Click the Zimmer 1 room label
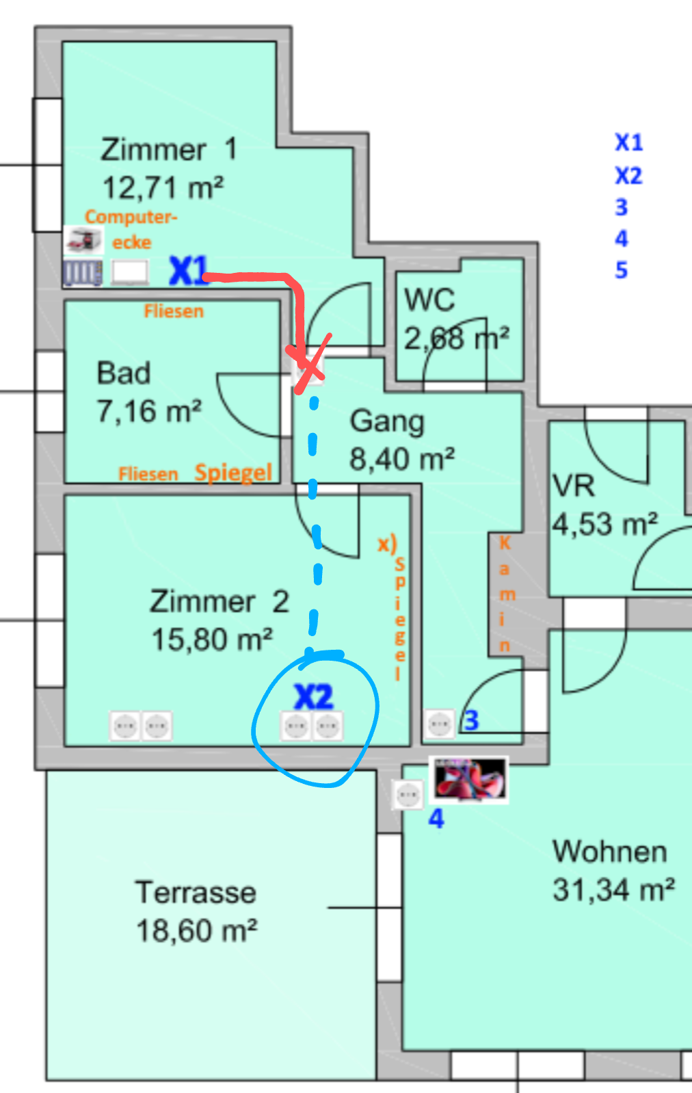168,149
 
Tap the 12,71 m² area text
163,187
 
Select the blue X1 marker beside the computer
188,271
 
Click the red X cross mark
310,365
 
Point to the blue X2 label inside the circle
314,697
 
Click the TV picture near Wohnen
469,778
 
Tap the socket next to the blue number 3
439,723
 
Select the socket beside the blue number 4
408,795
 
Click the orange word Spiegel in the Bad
233,472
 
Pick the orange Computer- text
131,217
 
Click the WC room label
429,300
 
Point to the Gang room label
387,421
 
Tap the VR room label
574,486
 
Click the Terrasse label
196,892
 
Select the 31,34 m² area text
613,890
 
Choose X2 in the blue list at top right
628,176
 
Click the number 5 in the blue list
621,270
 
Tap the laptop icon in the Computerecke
130,273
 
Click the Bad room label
123,373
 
